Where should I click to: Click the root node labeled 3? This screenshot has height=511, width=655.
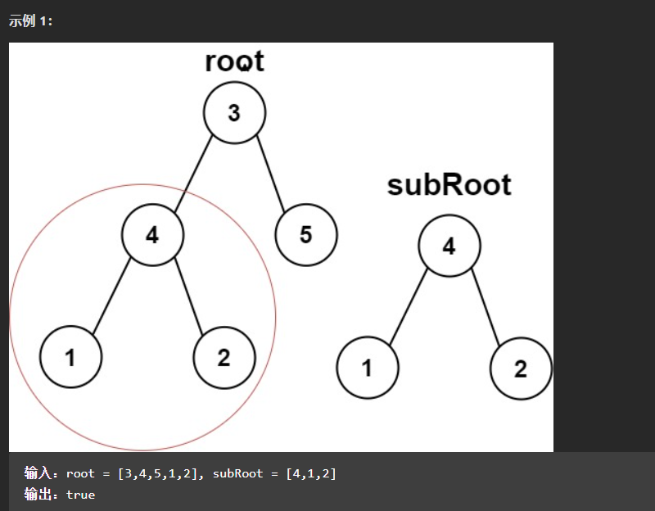tap(234, 113)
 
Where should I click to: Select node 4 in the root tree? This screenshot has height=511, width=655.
tap(152, 236)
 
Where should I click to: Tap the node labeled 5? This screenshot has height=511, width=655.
tap(305, 236)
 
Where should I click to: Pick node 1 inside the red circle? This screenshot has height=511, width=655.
tap(70, 357)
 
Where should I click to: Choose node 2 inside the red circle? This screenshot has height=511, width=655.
tap(224, 357)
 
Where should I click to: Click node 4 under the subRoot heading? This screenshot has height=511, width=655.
tap(449, 246)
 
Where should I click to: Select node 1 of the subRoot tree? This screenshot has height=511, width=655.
tap(367, 369)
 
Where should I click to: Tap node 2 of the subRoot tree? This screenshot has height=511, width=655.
tap(521, 369)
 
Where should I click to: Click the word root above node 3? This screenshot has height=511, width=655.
tap(235, 61)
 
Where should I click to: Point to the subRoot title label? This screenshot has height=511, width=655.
tap(449, 185)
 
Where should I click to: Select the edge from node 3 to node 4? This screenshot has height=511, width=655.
tap(192, 174)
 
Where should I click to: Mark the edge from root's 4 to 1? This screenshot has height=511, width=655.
tap(111, 296)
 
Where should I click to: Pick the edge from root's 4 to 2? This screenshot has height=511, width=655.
tap(188, 296)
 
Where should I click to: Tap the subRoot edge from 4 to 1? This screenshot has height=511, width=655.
tap(408, 307)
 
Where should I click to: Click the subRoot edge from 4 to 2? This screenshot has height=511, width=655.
tap(485, 307)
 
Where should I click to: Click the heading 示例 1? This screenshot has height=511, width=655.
tap(30, 21)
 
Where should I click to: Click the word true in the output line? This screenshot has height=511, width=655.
tap(80, 495)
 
